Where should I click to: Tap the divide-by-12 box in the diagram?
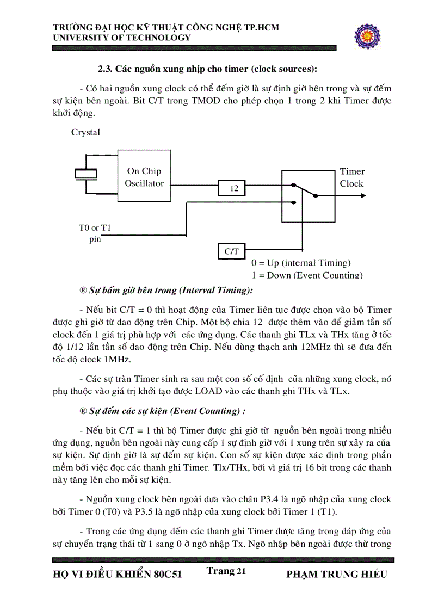(x=231, y=188)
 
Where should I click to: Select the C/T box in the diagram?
(x=231, y=251)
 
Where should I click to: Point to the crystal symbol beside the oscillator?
(x=85, y=173)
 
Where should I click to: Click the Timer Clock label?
(x=351, y=177)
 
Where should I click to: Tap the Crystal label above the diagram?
(x=86, y=132)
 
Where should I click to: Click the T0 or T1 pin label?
(x=95, y=233)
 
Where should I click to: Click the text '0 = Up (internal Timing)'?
(x=301, y=263)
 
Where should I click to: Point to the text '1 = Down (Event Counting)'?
(x=307, y=275)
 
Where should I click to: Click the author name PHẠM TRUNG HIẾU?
(x=336, y=574)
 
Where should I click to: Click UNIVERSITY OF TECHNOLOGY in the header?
(x=122, y=38)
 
